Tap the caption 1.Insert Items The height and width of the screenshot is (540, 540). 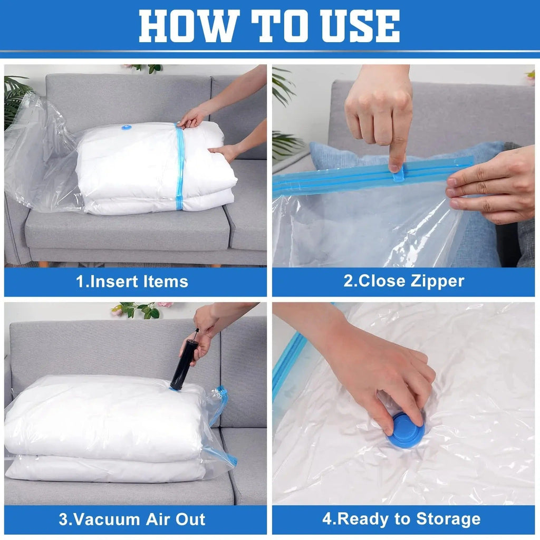[132, 282]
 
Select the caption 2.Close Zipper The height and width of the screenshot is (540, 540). [404, 281]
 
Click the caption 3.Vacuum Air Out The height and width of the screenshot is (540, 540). [132, 519]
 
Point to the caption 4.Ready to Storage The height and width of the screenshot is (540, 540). [401, 519]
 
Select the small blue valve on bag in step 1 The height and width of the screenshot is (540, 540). [127, 127]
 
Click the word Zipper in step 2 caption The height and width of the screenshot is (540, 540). [438, 281]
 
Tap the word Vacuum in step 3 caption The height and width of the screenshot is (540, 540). [101, 519]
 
